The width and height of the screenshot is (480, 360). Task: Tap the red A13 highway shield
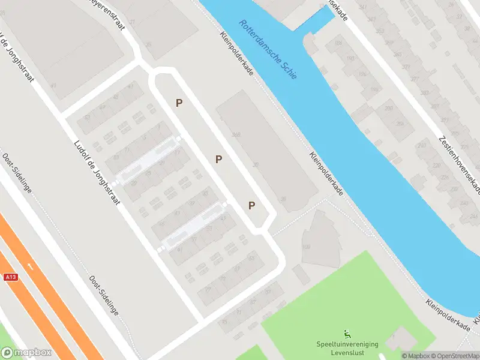[x=10, y=277]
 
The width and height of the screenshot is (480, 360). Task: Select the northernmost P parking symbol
[x=179, y=103]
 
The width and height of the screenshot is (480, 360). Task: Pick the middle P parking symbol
[x=219, y=159]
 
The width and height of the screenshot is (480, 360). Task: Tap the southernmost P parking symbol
[x=252, y=205]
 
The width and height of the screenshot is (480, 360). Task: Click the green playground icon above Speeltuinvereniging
[x=347, y=334]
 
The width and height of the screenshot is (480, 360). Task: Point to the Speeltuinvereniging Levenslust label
[x=347, y=348]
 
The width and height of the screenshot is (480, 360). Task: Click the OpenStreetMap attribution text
[x=454, y=356]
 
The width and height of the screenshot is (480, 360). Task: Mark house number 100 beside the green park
[x=307, y=247]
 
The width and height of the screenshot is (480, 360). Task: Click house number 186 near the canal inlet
[x=338, y=43]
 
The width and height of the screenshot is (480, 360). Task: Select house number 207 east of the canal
[x=388, y=108]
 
